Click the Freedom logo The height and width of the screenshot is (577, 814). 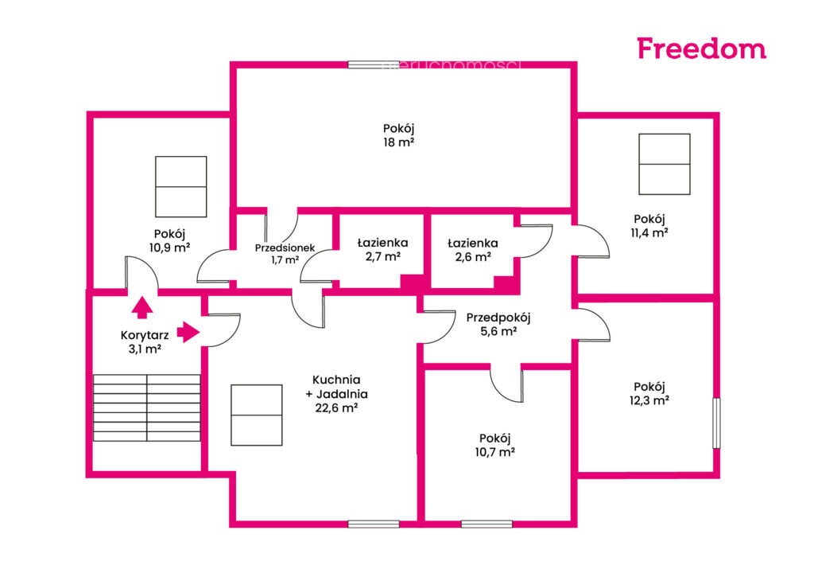click(x=701, y=49)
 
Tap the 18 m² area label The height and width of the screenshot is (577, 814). click(x=399, y=142)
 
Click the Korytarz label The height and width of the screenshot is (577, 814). click(x=145, y=335)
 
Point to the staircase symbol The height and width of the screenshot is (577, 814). click(x=147, y=408)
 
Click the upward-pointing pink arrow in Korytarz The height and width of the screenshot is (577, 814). click(x=142, y=307)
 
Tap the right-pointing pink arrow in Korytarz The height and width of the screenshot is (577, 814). click(x=188, y=332)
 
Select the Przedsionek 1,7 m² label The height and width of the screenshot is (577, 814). click(x=285, y=254)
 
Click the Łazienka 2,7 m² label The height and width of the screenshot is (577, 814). click(x=382, y=250)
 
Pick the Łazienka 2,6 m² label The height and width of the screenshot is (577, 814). click(x=473, y=250)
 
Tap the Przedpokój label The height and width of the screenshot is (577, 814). click(x=498, y=318)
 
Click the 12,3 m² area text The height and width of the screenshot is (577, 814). click(x=649, y=400)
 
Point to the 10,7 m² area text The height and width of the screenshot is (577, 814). click(x=494, y=452)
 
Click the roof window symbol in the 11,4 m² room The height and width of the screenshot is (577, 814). click(x=665, y=164)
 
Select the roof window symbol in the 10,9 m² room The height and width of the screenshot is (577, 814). click(x=181, y=186)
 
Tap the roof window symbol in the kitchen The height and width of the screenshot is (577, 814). click(x=257, y=415)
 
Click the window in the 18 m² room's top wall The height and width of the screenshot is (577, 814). click(x=374, y=65)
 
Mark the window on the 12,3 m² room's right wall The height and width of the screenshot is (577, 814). click(x=716, y=423)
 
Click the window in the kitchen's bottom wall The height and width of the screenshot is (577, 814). click(x=374, y=524)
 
